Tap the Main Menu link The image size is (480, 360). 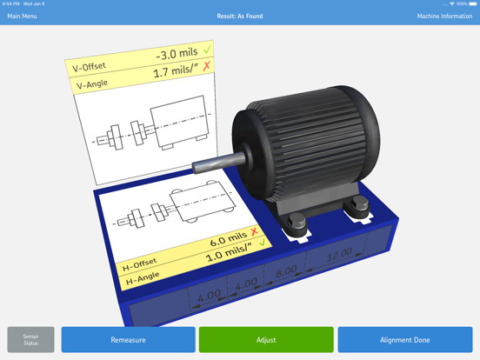[x=23, y=17]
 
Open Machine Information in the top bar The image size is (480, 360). [x=444, y=17]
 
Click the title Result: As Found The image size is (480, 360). [x=240, y=17]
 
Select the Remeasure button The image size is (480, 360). [x=128, y=340]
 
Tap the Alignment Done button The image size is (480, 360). [x=405, y=340]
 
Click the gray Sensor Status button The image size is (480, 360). [x=31, y=340]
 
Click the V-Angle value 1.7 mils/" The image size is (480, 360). [x=173, y=73]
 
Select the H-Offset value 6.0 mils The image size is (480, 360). [x=228, y=239]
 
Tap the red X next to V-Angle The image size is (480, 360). [x=207, y=67]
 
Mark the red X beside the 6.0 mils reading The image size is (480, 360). [x=254, y=232]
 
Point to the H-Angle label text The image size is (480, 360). [x=143, y=279]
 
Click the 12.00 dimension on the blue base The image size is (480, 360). [x=338, y=255]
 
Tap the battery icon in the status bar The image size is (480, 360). [x=471, y=4]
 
